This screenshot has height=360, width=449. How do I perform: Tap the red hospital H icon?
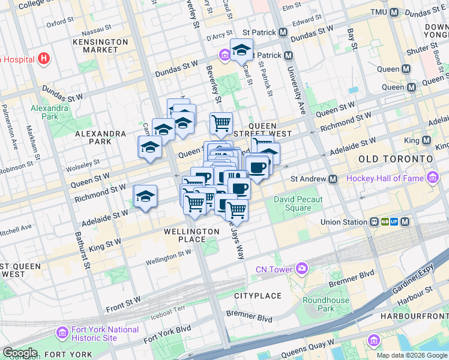pos(43,59)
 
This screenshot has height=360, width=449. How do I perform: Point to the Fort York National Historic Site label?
pos(105,334)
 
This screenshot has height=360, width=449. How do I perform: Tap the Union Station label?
pos(343,222)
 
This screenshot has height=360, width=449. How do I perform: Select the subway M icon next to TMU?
pos(394,13)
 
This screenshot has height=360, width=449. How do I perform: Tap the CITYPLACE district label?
pos(258,296)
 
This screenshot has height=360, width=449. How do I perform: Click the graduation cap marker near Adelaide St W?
pos(145,196)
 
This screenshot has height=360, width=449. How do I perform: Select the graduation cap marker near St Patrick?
pos(241,50)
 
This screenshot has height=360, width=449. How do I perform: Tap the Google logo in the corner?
pos(19,353)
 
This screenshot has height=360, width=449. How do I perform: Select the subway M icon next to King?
pos(427,140)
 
